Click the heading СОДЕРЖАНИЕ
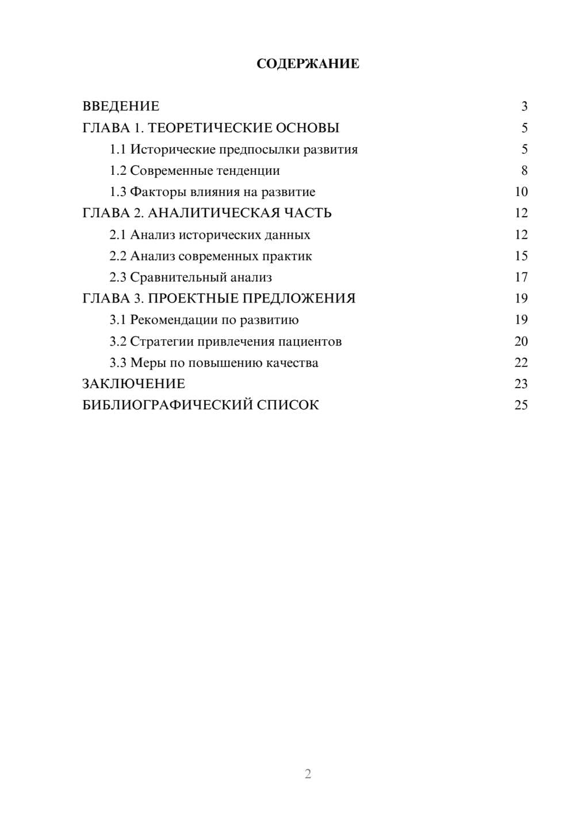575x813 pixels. pos(308,64)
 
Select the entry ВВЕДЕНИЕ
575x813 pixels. pos(121,106)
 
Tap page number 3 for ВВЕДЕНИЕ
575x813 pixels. pos(524,106)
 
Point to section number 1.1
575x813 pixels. pos(118,149)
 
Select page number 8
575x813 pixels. pos(524,171)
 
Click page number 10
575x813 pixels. pos(521,192)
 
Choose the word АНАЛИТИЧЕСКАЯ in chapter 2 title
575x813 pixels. pos(213,213)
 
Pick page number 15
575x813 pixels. pos(521,256)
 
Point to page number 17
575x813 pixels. pos(521,277)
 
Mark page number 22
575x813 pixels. pos(521,363)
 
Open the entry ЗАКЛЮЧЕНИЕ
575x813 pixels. pos(134,384)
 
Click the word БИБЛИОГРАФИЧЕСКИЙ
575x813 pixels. pos(167,405)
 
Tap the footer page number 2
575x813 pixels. pos(308,774)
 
